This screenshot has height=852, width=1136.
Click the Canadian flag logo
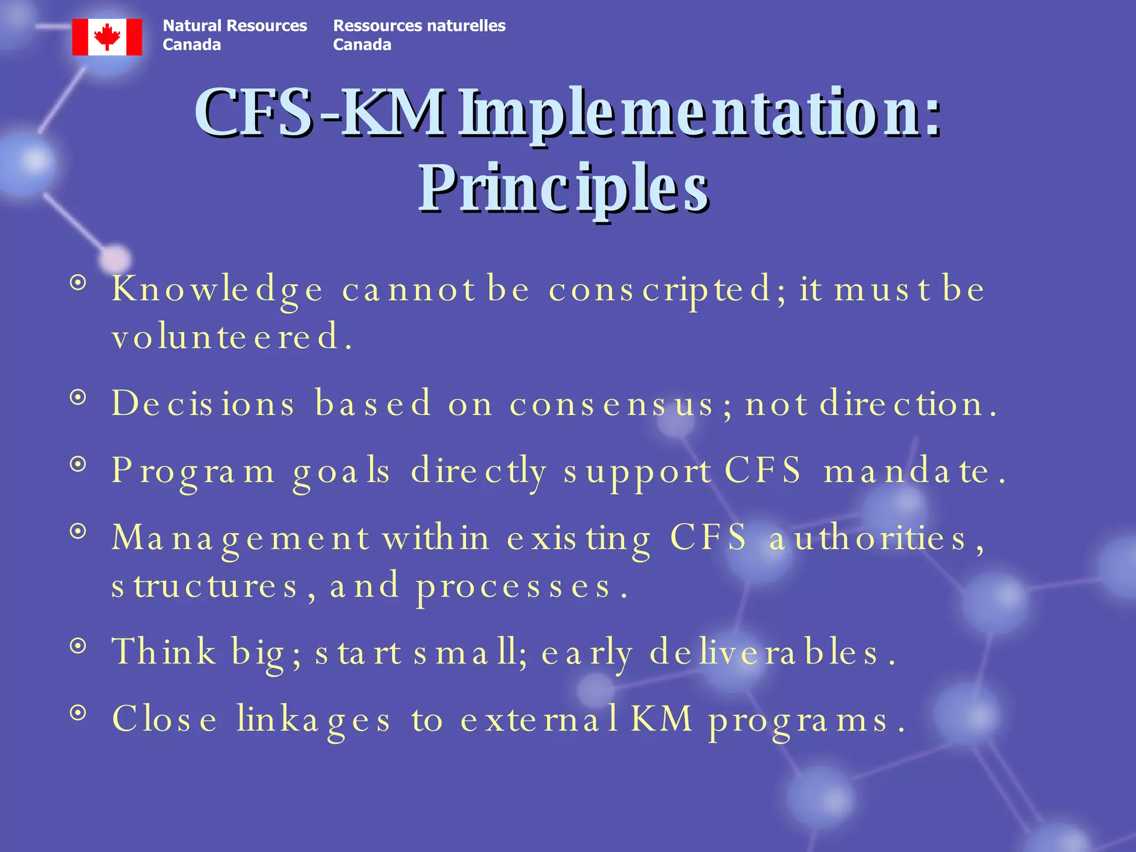pyautogui.click(x=107, y=37)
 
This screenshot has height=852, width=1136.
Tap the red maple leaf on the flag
pyautogui.click(x=107, y=37)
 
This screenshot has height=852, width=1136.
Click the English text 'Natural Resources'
pyautogui.click(x=235, y=26)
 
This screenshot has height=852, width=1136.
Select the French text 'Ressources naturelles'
pyautogui.click(x=419, y=26)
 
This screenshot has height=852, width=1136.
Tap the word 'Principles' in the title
pyautogui.click(x=564, y=189)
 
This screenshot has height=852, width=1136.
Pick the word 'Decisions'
pyautogui.click(x=203, y=403)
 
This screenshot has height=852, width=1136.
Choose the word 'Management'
pyautogui.click(x=240, y=538)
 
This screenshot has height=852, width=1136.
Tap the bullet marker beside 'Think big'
pyautogui.click(x=79, y=645)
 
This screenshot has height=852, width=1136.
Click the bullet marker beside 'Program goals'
pyautogui.click(x=79, y=464)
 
